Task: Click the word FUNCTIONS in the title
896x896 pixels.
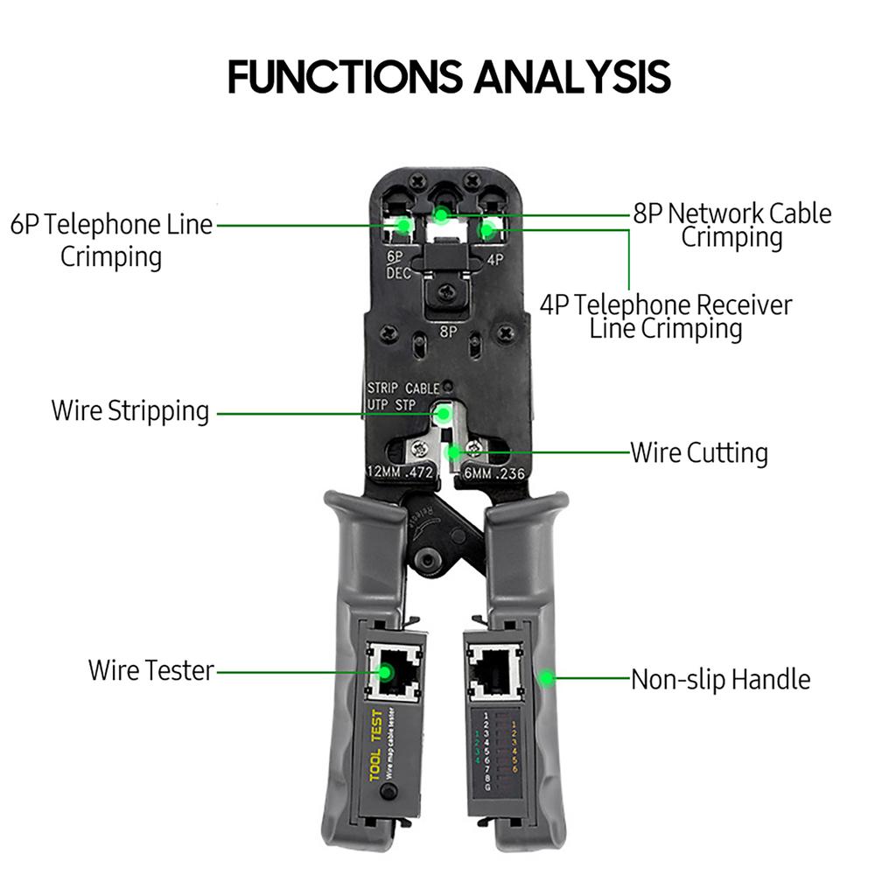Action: (345, 77)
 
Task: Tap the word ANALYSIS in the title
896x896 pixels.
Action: (572, 77)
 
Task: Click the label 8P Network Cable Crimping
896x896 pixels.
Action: (732, 225)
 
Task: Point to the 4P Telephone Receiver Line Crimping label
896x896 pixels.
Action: (666, 317)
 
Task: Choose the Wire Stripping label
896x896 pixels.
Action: (130, 410)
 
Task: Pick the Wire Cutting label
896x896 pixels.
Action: (699, 452)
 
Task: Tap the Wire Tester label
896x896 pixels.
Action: (150, 670)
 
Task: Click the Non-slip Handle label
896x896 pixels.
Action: (720, 679)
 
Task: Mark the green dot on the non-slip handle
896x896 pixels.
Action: (547, 676)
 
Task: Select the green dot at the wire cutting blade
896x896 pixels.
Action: (453, 452)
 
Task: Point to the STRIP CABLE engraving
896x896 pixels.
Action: (402, 388)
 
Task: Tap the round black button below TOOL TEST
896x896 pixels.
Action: (388, 792)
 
